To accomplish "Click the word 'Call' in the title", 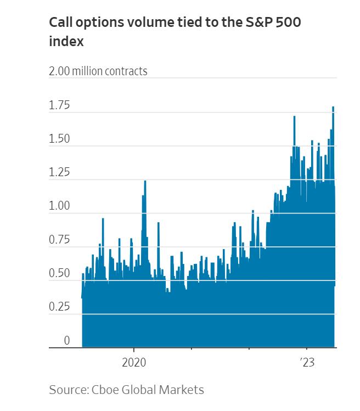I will coord(60,22).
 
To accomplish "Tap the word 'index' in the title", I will coord(66,41).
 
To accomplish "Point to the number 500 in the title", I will coord(289,22).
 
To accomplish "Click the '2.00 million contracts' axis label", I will coord(98,71).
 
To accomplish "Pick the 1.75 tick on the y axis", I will coord(59,105).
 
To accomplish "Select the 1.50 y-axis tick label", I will coord(59,139).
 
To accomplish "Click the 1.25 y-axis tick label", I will coord(59,172).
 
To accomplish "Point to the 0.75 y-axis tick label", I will coord(59,240).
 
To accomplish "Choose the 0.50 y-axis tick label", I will coord(59,273).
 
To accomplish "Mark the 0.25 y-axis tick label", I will coord(59,307).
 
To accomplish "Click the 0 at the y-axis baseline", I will coord(66,341).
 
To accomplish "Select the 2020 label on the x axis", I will coord(134,363).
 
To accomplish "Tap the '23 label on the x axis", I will coord(306,363).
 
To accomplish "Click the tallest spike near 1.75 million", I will coord(333,108).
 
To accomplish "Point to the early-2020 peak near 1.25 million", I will coord(145,182).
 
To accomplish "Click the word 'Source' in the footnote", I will coord(67,390).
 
